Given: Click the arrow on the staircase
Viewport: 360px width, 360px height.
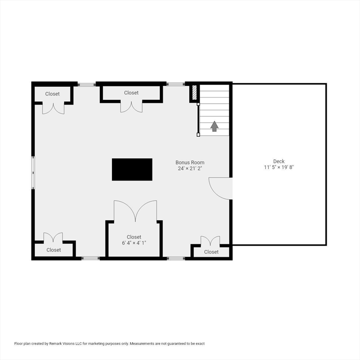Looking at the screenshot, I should pyautogui.click(x=214, y=126).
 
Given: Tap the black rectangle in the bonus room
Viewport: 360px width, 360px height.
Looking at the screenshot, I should pyautogui.click(x=132, y=169).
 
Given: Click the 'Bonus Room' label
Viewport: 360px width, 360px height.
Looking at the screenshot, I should pyautogui.click(x=190, y=163).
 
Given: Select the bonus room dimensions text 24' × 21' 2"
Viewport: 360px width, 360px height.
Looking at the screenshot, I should pyautogui.click(x=190, y=168).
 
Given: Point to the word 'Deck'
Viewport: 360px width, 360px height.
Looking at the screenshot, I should pyautogui.click(x=279, y=161).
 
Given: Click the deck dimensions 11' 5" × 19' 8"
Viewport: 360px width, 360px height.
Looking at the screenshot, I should pyautogui.click(x=279, y=167).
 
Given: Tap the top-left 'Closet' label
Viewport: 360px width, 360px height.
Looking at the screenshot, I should pyautogui.click(x=52, y=94).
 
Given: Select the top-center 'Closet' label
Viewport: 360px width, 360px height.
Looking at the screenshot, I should pyautogui.click(x=131, y=93).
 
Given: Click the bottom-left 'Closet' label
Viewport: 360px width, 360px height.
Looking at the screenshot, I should pyautogui.click(x=54, y=250).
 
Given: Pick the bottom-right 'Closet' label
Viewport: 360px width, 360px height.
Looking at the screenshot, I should pyautogui.click(x=211, y=252).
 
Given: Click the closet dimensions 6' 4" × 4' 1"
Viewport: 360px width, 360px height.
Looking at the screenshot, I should pyautogui.click(x=134, y=243).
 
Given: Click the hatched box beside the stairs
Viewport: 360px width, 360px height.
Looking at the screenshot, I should pyautogui.click(x=195, y=92).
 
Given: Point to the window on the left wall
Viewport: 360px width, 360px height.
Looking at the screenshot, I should pyautogui.click(x=33, y=172).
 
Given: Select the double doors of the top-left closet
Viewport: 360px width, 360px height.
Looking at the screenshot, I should pyautogui.click(x=53, y=108).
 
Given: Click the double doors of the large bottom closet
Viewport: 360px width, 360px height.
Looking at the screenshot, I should pyautogui.click(x=135, y=210).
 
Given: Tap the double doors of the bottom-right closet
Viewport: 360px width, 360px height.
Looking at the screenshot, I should pyautogui.click(x=210, y=241).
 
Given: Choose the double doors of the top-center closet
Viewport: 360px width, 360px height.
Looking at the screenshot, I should pyautogui.click(x=131, y=107).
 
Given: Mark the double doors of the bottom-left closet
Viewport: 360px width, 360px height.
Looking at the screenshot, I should pyautogui.click(x=53, y=237).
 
